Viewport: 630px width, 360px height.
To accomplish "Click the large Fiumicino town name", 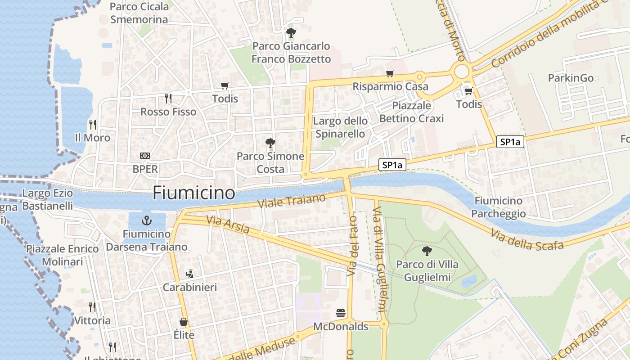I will (193, 193).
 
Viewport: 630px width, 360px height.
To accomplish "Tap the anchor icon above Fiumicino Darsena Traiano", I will (146, 220).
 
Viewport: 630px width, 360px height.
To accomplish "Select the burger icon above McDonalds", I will (341, 313).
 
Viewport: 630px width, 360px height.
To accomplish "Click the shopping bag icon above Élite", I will (184, 322).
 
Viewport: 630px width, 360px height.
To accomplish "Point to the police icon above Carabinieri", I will (189, 274).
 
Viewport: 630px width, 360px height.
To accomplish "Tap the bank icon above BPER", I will (145, 156).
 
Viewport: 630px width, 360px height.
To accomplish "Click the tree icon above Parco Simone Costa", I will (270, 143).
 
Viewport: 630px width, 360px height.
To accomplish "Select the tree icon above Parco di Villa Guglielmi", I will (427, 251).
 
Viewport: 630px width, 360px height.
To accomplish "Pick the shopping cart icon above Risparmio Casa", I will (390, 73).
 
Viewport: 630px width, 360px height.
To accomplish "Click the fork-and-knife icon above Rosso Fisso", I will (168, 98).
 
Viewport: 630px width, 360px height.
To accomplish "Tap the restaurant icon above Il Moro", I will (93, 124).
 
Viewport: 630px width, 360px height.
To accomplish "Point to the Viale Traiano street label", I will (292, 201).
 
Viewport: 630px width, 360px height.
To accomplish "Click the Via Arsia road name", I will (228, 225).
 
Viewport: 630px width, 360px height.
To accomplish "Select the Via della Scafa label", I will (527, 239).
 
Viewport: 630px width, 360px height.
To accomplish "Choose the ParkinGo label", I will (571, 78).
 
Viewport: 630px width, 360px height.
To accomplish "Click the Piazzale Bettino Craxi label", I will (411, 112).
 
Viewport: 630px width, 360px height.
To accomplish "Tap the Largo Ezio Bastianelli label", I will (47, 200).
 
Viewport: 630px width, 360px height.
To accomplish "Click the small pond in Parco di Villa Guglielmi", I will (469, 281).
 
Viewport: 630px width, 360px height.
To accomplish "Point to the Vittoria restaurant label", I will (92, 321).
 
